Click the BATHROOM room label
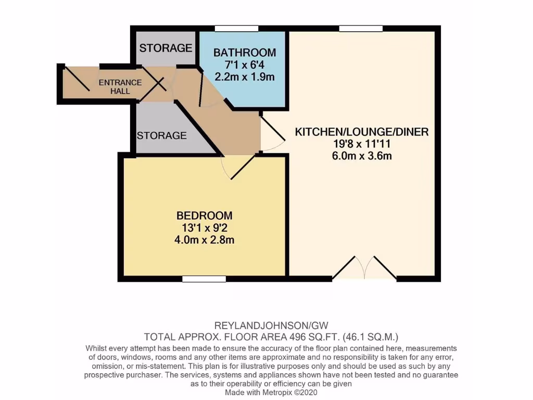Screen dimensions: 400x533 coord(244,53)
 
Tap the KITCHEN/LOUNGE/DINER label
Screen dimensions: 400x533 coord(362,132)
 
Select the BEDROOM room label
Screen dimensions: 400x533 coord(204,216)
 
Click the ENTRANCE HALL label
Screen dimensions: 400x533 coord(120,86)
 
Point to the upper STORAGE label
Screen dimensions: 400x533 coord(166,48)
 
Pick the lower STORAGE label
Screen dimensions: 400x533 coord(161,136)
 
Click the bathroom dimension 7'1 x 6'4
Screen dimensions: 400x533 coord(244,65)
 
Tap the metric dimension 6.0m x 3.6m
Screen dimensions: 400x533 coord(362,156)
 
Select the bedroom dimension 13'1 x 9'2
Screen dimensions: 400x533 coord(204,228)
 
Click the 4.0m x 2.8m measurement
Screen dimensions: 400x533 coord(204,240)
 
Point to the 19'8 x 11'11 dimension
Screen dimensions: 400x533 coord(362,144)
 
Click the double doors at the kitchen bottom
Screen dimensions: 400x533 coord(364,269)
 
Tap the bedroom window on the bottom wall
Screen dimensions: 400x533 coord(204,279)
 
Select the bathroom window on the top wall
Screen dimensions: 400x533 coord(237,28)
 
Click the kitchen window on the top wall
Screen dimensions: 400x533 coord(361,28)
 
